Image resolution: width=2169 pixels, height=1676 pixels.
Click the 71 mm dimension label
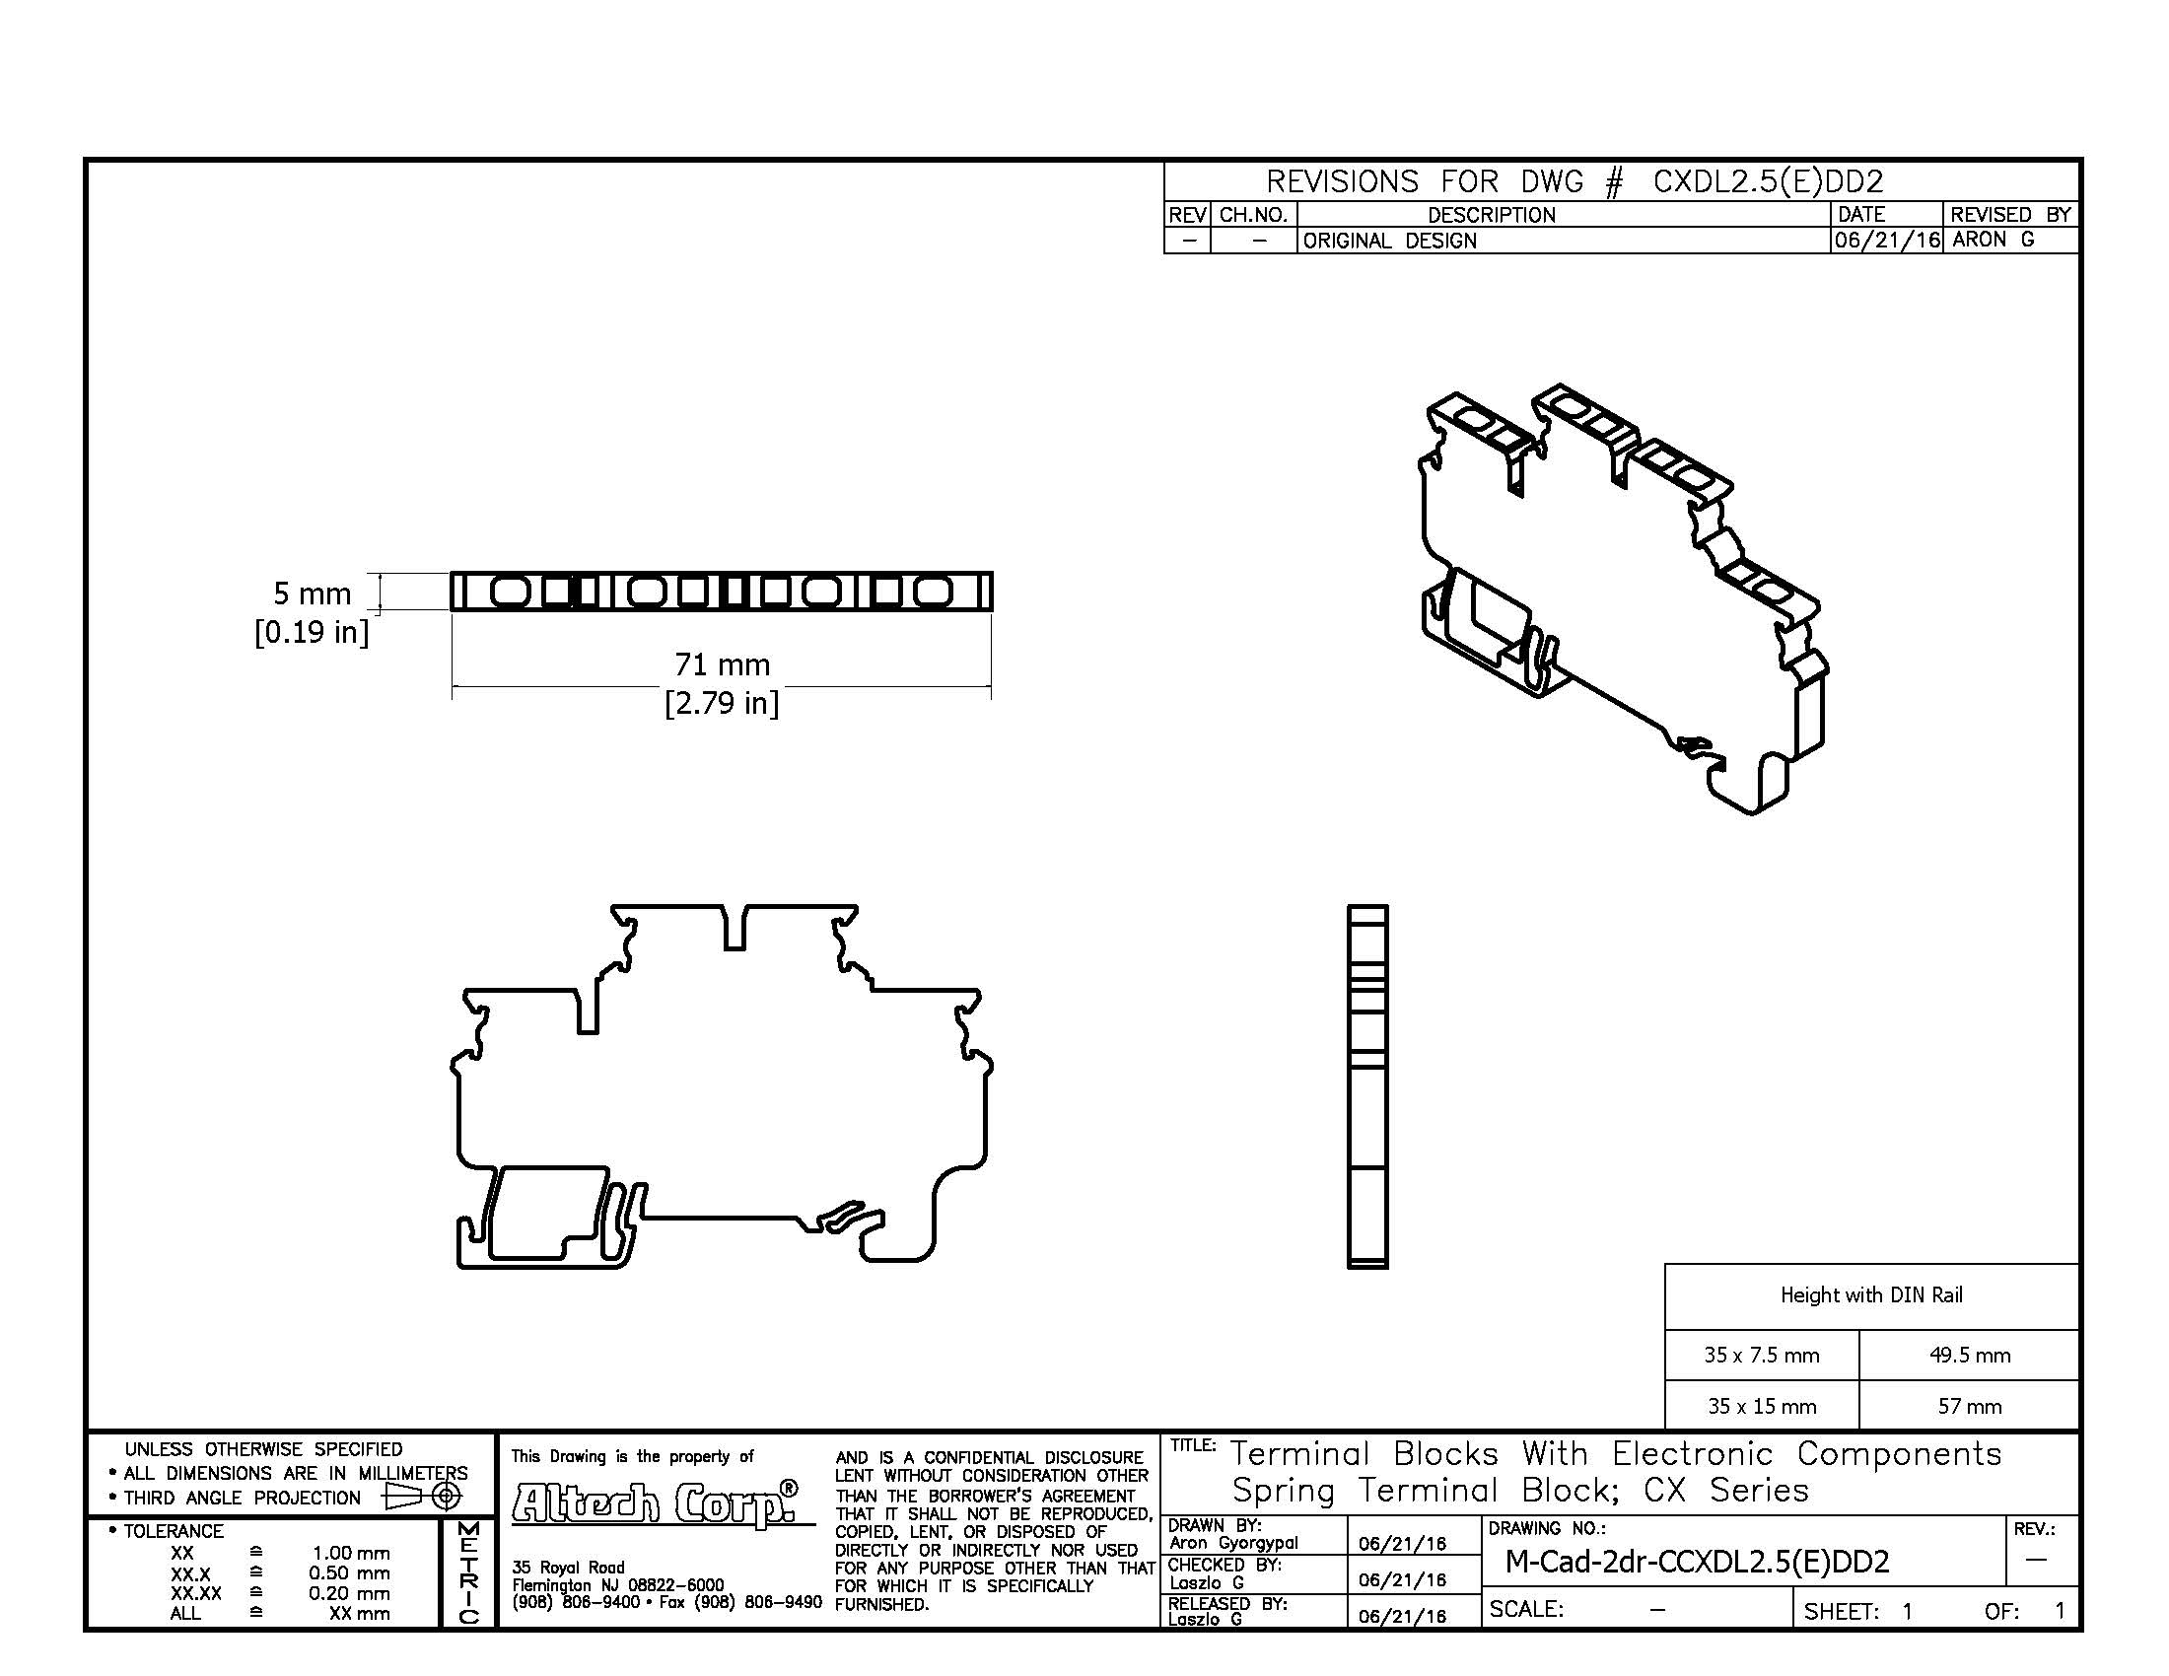722,664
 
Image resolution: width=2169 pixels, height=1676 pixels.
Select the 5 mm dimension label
312,594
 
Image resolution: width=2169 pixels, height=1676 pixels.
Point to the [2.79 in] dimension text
722,703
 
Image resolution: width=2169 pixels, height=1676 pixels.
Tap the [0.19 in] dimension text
312,632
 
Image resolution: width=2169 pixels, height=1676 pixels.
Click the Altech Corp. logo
656,1502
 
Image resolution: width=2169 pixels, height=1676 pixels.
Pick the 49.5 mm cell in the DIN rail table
1970,1356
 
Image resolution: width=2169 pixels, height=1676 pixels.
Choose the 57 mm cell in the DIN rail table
1970,1406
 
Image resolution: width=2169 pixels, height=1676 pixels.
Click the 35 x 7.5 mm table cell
1762,1356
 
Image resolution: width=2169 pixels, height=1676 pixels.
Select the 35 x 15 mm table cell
1762,1406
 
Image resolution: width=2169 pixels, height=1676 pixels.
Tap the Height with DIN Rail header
1871,1294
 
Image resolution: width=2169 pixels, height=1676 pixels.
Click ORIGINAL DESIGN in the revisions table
1389,241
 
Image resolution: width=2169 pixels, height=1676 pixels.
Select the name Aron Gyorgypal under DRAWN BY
1232,1543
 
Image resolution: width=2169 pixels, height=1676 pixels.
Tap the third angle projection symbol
422,1497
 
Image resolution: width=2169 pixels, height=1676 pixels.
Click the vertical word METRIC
467,1572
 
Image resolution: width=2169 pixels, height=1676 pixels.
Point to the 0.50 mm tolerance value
349,1573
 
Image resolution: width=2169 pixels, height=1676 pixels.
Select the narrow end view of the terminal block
1367,1086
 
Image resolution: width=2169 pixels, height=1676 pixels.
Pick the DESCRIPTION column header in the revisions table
1491,215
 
